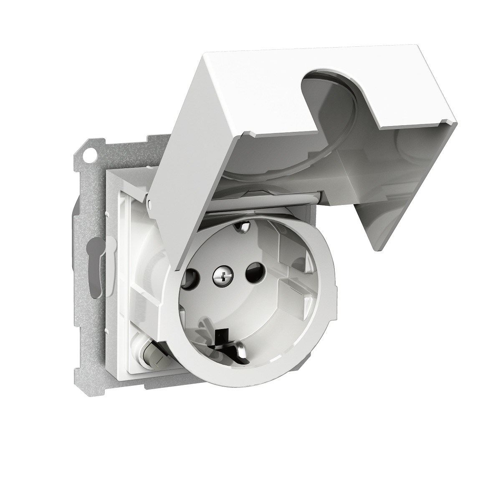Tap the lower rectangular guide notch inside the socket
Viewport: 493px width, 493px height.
292,292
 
